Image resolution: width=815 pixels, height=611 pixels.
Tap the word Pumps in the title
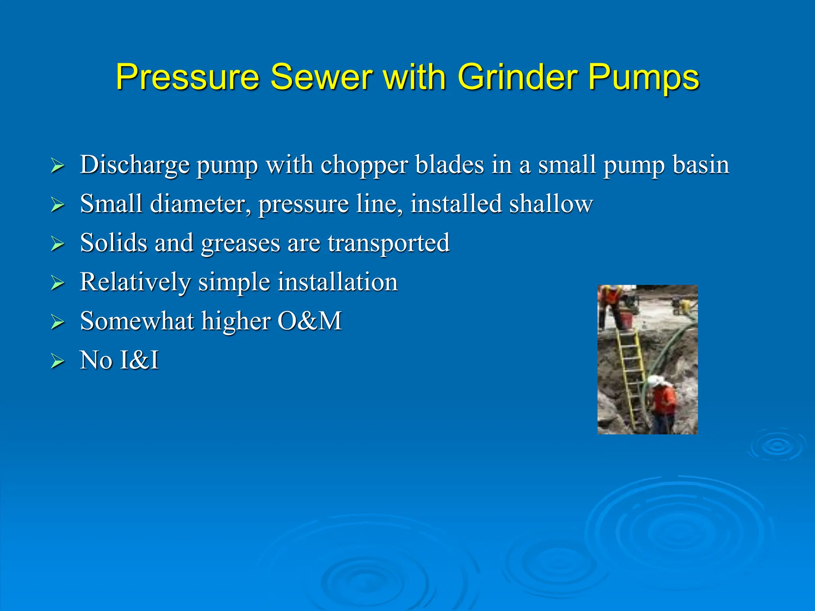coord(643,78)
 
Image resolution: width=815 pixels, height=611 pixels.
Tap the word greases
coord(240,243)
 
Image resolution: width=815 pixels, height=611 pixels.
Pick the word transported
coord(388,243)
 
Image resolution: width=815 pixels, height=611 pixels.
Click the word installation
coord(337,282)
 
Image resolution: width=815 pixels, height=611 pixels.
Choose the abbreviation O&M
coord(310,321)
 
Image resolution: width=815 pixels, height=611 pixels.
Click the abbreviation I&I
coord(139,360)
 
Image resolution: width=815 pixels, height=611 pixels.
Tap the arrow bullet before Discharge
coord(58,165)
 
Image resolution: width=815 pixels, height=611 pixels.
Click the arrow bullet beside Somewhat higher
coord(58,322)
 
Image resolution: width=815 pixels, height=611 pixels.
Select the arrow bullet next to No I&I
coord(58,361)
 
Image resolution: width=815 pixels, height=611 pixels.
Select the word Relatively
coord(135,282)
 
